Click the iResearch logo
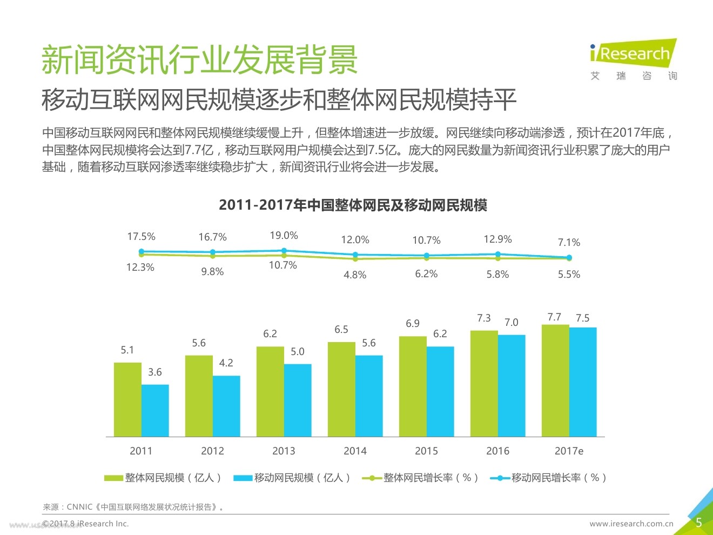633,59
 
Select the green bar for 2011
127,399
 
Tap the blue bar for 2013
298,400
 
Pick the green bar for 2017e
555,380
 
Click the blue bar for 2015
440,391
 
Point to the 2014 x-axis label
355,451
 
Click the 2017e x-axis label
569,451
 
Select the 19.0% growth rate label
284,236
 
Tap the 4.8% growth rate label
355,275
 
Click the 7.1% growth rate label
569,243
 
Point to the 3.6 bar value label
155,372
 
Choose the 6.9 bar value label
413,323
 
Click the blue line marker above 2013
284,251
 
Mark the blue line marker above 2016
498,254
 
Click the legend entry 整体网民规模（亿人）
163,478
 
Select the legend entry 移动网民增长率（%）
549,478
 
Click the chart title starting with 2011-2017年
353,205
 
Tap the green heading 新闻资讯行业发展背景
200,59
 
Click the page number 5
698,523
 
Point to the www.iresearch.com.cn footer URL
631,524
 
